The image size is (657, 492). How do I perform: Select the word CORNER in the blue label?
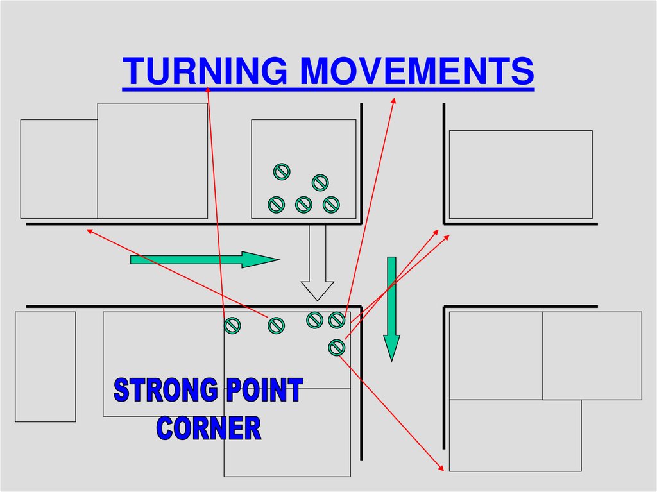tap(209, 428)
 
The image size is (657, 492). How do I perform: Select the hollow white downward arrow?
tap(318, 263)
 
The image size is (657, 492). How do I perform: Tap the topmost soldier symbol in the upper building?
tap(281, 171)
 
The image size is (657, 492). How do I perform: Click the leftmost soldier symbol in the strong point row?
tap(232, 325)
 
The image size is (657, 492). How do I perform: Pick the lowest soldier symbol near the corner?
tap(336, 347)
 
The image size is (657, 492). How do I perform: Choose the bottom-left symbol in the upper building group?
tap(276, 204)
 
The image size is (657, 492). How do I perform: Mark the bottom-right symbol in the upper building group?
tap(330, 204)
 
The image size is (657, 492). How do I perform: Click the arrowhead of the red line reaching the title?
tap(209, 89)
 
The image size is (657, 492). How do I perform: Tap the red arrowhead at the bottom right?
tap(441, 469)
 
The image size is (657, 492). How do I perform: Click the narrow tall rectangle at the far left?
tap(45, 366)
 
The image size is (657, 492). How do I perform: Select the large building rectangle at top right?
tap(520, 174)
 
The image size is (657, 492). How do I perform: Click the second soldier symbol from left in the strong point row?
tap(275, 325)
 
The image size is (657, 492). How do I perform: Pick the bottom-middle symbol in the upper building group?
tap(303, 204)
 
